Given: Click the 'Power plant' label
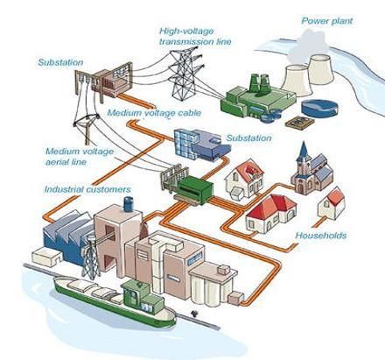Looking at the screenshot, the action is point(327,21).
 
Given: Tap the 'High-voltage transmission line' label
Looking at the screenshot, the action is point(195,36).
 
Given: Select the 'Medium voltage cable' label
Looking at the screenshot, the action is point(154,113).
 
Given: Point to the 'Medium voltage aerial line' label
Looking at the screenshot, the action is point(80,157).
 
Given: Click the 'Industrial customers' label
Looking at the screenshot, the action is point(87,189).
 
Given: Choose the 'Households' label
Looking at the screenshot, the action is point(321,236).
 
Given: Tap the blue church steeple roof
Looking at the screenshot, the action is point(304,150).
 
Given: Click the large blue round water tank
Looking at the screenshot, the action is point(319,109).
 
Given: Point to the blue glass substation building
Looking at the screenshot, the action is point(201,145).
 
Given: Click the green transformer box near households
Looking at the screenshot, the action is point(196,189).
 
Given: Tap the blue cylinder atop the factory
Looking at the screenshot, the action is point(129,204).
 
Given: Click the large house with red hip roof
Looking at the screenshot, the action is point(271,214).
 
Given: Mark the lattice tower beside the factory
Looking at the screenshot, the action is point(90,258).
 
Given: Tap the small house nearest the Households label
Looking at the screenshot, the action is point(332,204).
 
